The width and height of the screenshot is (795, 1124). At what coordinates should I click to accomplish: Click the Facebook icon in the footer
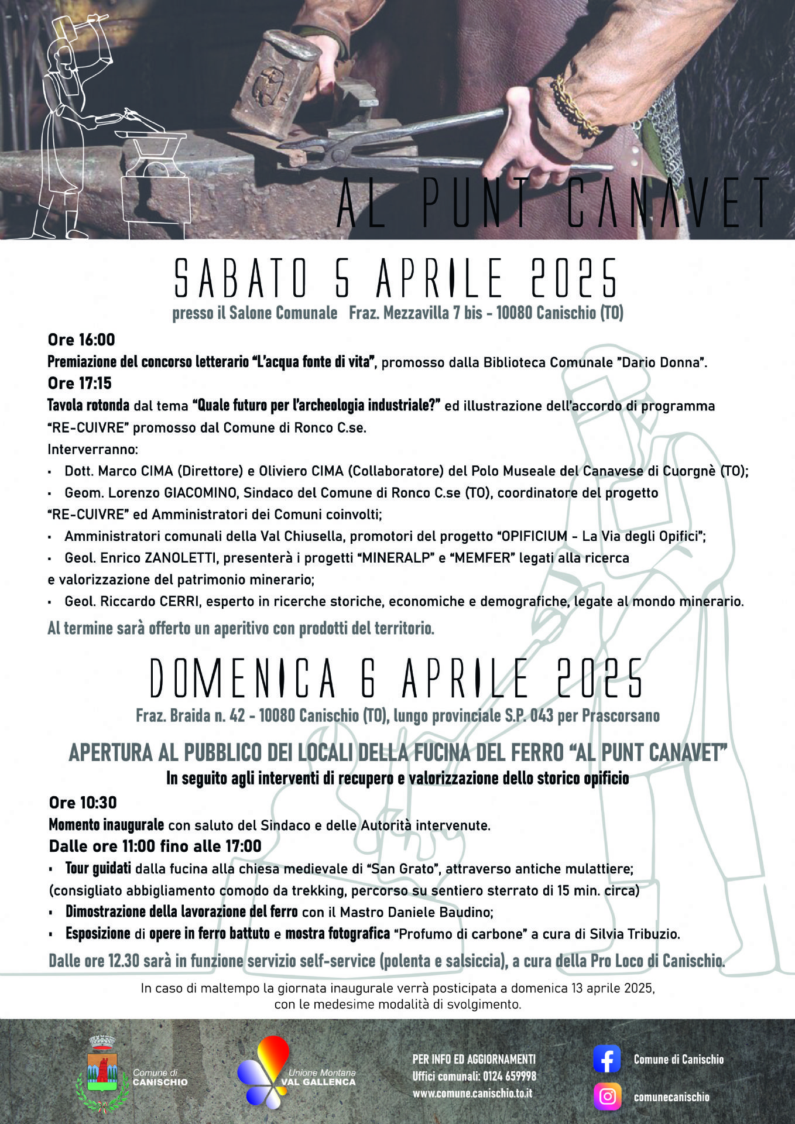pos(606,1059)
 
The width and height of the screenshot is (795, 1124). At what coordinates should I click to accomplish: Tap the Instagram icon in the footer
pos(607,1096)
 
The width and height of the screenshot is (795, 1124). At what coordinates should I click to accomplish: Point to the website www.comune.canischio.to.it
pos(472,1093)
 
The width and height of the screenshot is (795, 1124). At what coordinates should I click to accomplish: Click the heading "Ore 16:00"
pos(81,340)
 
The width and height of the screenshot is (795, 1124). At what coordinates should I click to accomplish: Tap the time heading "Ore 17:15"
pos(80,383)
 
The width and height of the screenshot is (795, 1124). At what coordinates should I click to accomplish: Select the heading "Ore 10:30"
pos(83,803)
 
